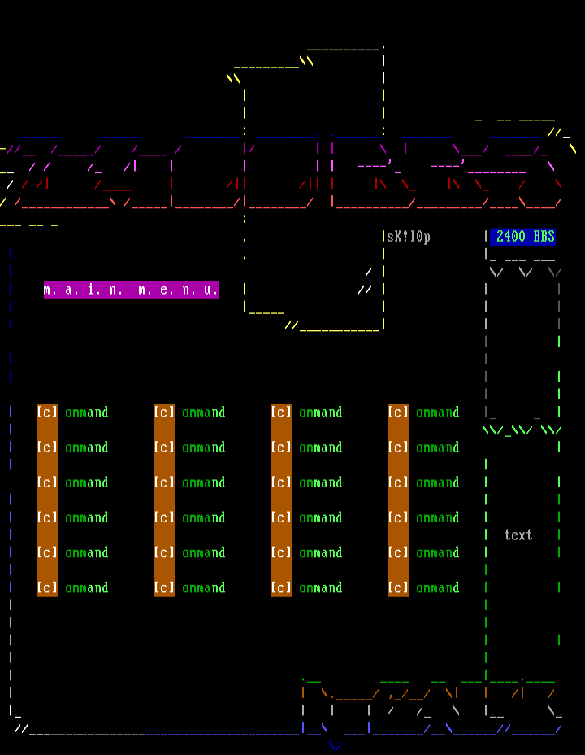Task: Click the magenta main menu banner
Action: pos(131,290)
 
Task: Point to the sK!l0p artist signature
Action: pos(408,237)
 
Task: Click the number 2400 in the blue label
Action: pos(511,237)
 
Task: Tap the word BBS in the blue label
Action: pos(544,237)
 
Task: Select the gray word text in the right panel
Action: pos(518,535)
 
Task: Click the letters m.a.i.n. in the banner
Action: pos(84,290)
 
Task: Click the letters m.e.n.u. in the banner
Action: pos(178,290)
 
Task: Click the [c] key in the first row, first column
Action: pos(47,412)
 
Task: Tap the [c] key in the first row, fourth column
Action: pos(398,412)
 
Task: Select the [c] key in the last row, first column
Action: pos(47,587)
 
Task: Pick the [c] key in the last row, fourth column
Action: pos(398,587)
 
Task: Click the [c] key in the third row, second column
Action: pos(164,482)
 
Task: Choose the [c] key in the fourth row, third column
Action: pos(281,517)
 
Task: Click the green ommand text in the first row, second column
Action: pos(204,412)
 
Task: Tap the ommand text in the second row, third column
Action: pos(321,447)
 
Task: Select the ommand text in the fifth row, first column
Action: pos(87,552)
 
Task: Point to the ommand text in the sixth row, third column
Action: pos(321,587)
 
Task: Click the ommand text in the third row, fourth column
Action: pos(438,482)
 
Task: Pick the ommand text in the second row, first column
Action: pos(87,447)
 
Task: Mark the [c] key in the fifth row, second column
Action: pos(164,552)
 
